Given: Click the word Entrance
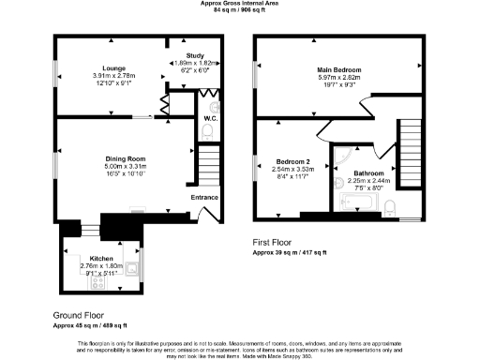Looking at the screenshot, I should tap(204, 197).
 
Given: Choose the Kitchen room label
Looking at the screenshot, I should tap(101, 258).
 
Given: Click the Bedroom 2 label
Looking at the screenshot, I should tap(289, 160).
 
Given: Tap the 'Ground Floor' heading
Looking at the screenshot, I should tap(79, 316).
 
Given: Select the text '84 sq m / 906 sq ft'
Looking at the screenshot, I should tap(239, 11).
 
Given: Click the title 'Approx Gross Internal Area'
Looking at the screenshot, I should tap(239, 4).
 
